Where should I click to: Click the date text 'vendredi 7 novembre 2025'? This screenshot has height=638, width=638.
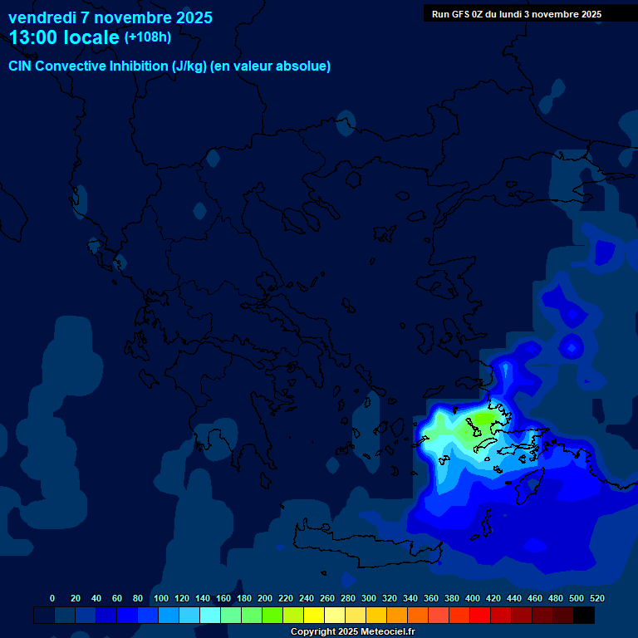pos(110,17)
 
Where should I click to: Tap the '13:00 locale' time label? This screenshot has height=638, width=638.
pos(65,37)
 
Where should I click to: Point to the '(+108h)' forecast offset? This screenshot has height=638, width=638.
pos(148,37)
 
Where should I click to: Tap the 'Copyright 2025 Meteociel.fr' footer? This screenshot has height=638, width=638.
pos(352,632)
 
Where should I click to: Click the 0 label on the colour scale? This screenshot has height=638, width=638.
pos(52,598)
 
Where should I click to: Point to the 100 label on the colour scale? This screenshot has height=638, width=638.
pos(161,598)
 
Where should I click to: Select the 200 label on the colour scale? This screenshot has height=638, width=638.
pos(265,598)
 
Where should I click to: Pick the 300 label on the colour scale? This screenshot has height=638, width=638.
pos(369,598)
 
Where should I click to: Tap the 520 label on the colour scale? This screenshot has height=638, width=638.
pos(596,598)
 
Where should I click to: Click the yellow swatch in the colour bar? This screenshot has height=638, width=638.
pos(314,616)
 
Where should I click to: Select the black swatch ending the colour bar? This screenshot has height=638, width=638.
pos(584,616)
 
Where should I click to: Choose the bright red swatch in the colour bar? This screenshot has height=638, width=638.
pos(480,616)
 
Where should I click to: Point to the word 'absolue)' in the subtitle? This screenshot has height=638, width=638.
pos(304,66)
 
